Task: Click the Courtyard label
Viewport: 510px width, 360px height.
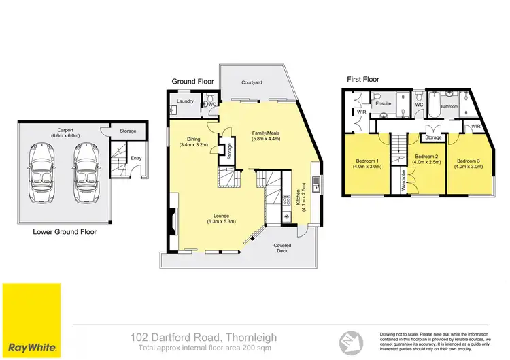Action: coord(252,82)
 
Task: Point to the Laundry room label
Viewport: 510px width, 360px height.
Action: coord(186,102)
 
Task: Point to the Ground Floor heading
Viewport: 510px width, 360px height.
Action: coord(192,81)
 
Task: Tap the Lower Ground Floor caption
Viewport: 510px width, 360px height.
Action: coord(65,232)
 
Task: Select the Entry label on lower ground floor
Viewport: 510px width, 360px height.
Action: coord(137,158)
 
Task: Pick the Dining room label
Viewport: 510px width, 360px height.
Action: coord(194,138)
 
